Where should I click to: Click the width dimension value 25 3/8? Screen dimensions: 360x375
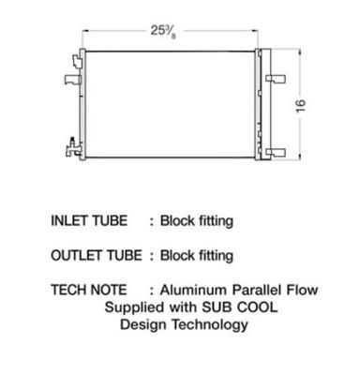tap(163, 32)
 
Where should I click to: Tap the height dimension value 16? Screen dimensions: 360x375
tap(301, 106)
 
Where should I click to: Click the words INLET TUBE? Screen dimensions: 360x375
tap(89, 220)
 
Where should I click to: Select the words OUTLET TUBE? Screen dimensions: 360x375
tap(97, 255)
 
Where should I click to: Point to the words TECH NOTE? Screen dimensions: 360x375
tap(89, 290)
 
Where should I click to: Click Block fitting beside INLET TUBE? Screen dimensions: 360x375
tap(197, 221)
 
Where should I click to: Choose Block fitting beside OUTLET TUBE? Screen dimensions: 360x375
tap(197, 256)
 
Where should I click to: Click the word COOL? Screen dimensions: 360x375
tap(257, 307)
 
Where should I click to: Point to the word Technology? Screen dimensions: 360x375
tap(210, 325)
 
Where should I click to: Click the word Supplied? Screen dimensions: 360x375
tap(134, 307)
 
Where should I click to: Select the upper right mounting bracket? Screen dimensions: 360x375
tap(276, 79)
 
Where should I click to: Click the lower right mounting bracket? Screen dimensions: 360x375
tap(276, 153)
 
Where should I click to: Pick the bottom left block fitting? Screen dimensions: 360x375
tap(73, 148)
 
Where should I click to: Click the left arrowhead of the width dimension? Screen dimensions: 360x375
tap(84, 31)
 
